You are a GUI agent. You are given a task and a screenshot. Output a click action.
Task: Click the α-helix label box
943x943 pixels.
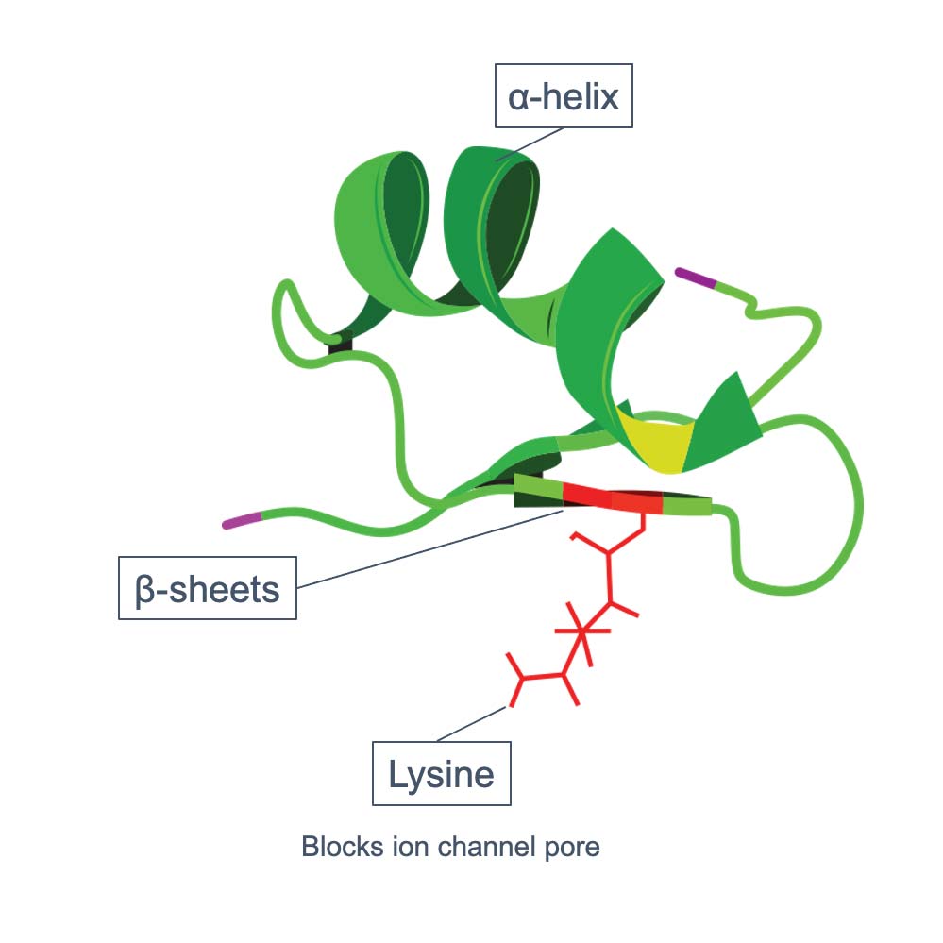pos(564,95)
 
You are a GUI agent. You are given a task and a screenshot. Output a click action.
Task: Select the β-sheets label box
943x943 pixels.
pos(208,588)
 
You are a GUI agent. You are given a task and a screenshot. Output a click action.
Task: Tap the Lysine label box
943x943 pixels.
pos(441,774)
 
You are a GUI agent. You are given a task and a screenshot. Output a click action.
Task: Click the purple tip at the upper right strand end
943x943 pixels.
pos(696,278)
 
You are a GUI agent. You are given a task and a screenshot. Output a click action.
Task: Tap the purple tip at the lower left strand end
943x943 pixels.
pos(241,521)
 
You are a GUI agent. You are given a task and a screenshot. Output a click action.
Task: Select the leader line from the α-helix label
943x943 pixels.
pos(529,143)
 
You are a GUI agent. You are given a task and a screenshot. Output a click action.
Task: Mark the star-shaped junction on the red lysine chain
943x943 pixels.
pos(582,631)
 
